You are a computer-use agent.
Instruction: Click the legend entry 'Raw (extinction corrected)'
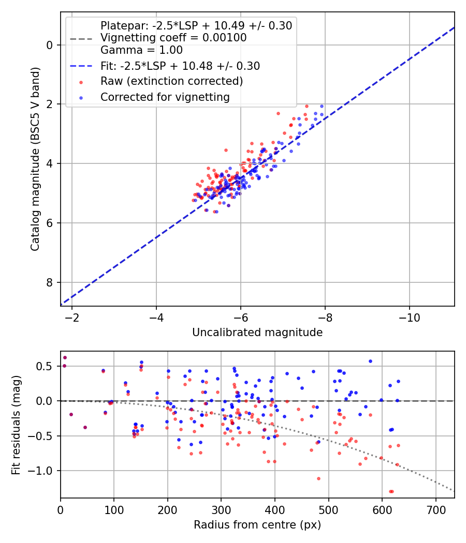point(171,81)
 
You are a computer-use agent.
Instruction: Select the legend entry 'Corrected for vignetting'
point(165,97)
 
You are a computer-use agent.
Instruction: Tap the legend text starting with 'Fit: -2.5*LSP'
point(180,66)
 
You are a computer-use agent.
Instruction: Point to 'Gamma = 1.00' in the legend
point(141,50)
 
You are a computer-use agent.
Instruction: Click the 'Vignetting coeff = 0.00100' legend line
point(173,38)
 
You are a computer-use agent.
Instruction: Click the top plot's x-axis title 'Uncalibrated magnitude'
point(257,333)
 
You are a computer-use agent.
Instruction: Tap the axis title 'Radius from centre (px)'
point(257,525)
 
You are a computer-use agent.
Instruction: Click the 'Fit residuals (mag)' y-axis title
point(16,424)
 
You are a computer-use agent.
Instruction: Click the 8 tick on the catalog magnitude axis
point(50,282)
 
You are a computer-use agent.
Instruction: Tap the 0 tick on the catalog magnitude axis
point(50,45)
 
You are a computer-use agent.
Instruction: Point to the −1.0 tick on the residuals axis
point(43,471)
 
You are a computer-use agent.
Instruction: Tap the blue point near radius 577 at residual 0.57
point(370,361)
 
